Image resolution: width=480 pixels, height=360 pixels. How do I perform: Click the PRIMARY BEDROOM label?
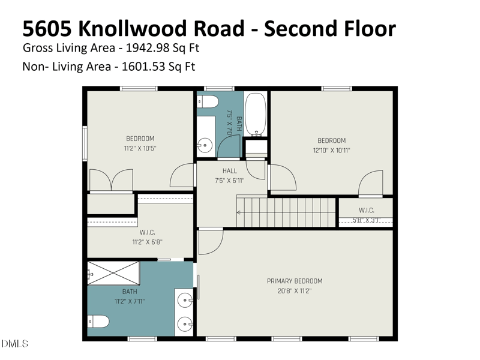295,281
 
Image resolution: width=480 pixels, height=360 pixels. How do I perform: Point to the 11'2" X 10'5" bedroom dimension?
140,148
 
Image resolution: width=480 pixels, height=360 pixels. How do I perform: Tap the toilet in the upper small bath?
208,101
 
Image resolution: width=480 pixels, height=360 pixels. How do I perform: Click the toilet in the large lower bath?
98,322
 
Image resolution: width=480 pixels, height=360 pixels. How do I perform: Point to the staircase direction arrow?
240,212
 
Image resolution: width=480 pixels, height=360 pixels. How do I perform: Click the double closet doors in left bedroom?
110,180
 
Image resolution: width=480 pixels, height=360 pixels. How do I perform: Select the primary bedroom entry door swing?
210,241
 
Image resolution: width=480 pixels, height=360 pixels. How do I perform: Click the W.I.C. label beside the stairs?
366,210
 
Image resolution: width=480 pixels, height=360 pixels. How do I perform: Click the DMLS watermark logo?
14,344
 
